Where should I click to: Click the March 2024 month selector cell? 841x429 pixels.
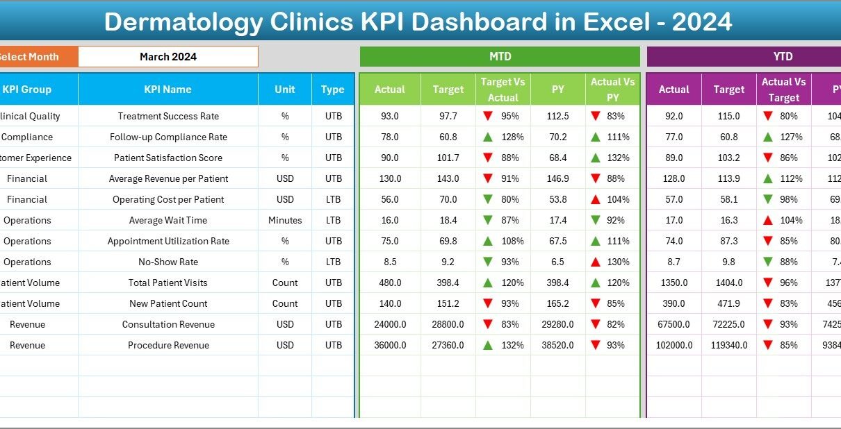(x=168, y=57)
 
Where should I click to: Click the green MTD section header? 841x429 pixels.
(x=500, y=57)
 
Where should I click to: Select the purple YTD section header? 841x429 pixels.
(x=783, y=57)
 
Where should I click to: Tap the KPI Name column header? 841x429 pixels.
(x=168, y=90)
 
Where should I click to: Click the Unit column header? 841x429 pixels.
(x=285, y=90)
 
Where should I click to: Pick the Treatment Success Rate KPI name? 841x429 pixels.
(x=168, y=116)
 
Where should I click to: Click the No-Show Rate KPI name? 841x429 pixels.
(x=168, y=262)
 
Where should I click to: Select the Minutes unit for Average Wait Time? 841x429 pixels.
(x=285, y=220)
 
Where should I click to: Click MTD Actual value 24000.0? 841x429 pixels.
(x=390, y=324)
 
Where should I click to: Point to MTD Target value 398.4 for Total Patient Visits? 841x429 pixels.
(x=448, y=283)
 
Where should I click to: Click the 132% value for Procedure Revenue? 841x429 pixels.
(x=510, y=345)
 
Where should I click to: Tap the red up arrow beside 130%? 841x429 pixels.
(x=595, y=262)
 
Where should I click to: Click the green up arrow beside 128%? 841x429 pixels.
(x=488, y=137)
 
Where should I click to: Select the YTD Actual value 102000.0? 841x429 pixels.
(x=674, y=345)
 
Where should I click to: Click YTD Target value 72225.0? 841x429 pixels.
(x=729, y=324)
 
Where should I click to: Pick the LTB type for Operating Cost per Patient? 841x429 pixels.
(x=333, y=199)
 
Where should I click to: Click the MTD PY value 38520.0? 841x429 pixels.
(x=558, y=345)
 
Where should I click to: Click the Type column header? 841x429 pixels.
(x=333, y=90)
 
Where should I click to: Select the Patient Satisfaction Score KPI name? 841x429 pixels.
(x=168, y=158)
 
